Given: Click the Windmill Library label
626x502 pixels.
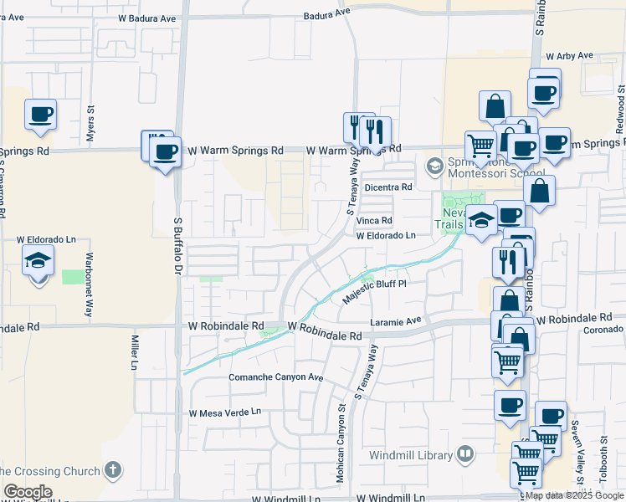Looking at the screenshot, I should pos(412,456).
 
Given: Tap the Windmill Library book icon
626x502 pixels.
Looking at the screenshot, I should pos(465,455).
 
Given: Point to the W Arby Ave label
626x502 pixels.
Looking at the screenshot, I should pos(569,56).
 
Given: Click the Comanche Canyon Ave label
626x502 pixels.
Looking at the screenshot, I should pos(276,377).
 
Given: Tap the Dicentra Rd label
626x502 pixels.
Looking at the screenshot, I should pos(388,187).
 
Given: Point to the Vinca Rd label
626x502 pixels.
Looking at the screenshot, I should pos(376,221).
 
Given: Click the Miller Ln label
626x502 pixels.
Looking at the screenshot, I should pos(133,352).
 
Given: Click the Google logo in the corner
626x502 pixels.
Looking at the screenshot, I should pos(27,492).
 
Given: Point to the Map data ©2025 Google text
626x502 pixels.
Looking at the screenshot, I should pos(574,495).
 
